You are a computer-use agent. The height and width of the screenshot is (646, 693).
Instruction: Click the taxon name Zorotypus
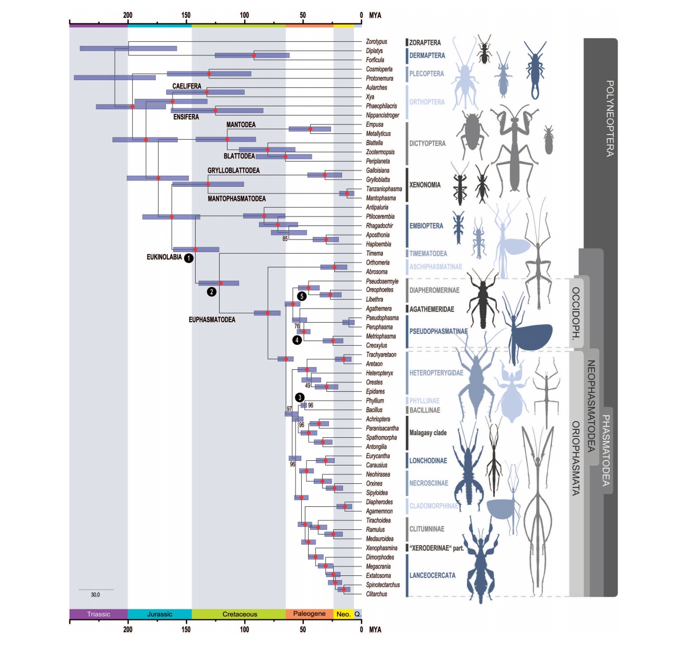[377, 42]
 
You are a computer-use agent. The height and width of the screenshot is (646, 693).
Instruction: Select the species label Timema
[374, 254]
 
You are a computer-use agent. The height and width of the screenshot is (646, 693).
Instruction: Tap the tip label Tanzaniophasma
[384, 189]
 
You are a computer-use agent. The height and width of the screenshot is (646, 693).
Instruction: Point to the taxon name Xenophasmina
[382, 548]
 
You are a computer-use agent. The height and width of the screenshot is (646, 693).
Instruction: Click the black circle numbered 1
[189, 258]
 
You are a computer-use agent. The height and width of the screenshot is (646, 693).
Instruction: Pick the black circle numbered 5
[302, 296]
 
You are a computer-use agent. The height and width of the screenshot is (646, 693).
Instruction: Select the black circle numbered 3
[300, 398]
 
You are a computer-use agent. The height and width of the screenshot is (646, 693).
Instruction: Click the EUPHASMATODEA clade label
[212, 320]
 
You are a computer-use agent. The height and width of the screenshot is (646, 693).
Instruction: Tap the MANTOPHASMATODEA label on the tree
[236, 199]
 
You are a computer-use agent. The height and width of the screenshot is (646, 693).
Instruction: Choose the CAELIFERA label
[187, 86]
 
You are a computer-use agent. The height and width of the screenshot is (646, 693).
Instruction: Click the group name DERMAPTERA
[427, 55]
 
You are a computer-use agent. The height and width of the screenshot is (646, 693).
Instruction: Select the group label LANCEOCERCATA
[432, 575]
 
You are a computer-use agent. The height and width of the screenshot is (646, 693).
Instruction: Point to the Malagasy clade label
[428, 433]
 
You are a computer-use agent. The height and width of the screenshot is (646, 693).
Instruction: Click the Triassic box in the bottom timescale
[98, 614]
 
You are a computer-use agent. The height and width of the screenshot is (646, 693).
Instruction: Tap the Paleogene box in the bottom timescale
[309, 614]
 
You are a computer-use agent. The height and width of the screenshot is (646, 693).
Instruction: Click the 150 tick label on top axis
[186, 15]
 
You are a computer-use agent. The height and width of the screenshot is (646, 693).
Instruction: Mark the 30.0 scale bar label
[95, 595]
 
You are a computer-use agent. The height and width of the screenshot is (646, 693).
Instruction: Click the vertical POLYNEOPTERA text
[609, 118]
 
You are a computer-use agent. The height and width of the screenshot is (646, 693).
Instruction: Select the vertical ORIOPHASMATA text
[576, 458]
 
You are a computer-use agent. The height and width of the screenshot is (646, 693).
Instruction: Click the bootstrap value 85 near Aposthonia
[285, 239]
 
